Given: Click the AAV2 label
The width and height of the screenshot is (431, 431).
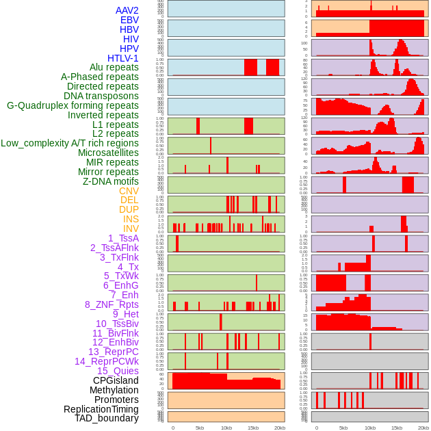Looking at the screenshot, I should tap(127, 10).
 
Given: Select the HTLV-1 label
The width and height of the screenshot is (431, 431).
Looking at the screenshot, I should tap(123, 58).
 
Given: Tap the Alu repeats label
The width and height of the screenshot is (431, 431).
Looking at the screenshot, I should tap(114, 68).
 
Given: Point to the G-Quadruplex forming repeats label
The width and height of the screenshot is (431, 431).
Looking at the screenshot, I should tap(73, 106).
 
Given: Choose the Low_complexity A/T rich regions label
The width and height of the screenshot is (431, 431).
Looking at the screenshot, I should tap(70, 144).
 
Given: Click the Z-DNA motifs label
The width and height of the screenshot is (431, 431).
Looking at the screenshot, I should tap(111, 181).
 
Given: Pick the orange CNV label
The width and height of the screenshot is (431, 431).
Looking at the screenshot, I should tap(129, 191).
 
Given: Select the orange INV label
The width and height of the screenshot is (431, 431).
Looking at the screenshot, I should tap(131, 228).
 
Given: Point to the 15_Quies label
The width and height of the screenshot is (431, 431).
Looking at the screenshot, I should tap(117, 371).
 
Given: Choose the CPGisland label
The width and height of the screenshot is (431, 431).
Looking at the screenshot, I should tap(116, 380).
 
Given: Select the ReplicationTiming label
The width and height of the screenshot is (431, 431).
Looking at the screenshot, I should tap(101, 409).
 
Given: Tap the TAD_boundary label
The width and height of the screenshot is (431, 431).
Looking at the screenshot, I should tap(107, 418).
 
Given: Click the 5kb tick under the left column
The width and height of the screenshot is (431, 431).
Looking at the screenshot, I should tap(200, 428).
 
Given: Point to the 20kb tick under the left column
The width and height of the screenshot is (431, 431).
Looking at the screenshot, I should tap(280, 428).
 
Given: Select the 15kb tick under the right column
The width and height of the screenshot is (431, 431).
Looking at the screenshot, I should tap(397, 428).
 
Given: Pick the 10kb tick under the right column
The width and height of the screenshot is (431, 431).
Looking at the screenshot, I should tap(370, 428).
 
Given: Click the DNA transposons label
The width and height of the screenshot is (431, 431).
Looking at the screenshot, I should tap(101, 96).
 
